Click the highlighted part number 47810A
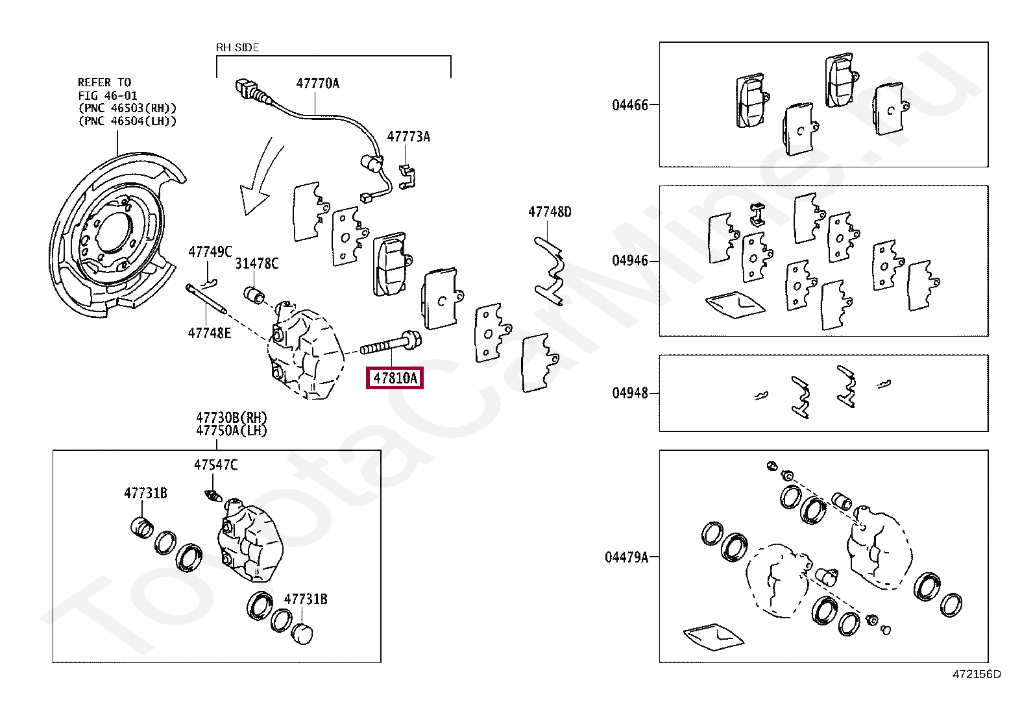click(395, 378)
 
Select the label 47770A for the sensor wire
click(318, 84)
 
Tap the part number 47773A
click(409, 137)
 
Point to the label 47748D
click(550, 212)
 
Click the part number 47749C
click(210, 252)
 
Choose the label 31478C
click(257, 263)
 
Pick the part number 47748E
click(210, 333)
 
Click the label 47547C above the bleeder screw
click(215, 465)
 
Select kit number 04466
click(630, 105)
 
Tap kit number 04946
click(630, 261)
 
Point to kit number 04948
click(630, 393)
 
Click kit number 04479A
click(627, 557)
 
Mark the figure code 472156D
click(977, 674)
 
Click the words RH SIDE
click(237, 47)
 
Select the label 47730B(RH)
click(232, 418)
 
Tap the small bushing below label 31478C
click(254, 295)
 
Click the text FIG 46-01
click(107, 96)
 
